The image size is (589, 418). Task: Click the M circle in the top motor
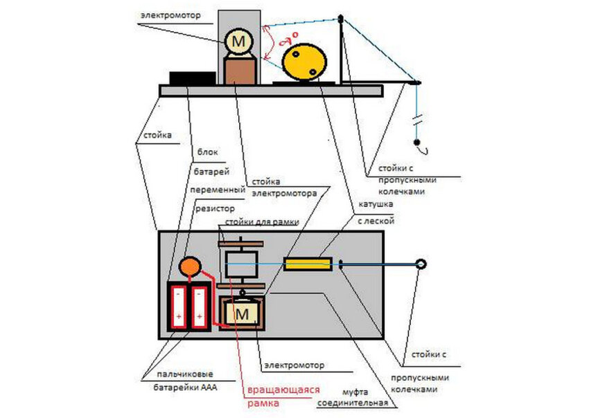238,42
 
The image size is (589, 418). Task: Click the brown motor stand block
240,71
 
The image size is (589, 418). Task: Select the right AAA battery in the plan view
200,307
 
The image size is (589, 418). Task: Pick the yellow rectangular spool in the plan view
308,264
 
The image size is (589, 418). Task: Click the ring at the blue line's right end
420,264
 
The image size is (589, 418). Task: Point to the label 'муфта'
358,391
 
